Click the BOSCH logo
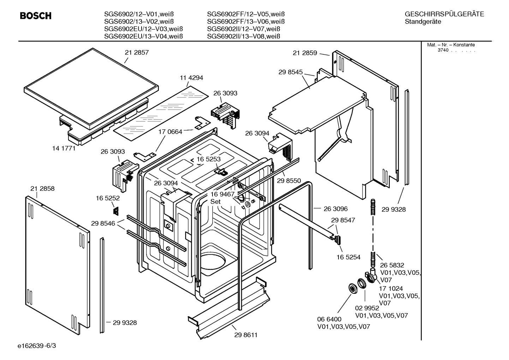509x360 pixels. (x=36, y=16)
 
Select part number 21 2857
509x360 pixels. (x=137, y=52)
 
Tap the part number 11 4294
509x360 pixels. (x=191, y=78)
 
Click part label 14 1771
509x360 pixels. (x=64, y=148)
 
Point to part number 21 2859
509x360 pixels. (x=305, y=53)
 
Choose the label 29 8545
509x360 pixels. (x=290, y=72)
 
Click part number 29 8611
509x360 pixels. (x=246, y=335)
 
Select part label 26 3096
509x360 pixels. (x=335, y=209)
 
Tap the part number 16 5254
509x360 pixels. (x=348, y=257)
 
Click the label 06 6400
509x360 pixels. (x=329, y=319)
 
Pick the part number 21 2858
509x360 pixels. (x=42, y=189)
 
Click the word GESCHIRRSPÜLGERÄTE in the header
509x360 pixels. (x=444, y=14)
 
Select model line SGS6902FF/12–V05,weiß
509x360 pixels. (x=246, y=14)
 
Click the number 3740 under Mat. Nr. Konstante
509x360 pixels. (x=443, y=50)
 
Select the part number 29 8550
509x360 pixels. (x=289, y=181)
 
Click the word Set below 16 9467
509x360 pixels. (x=215, y=202)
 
